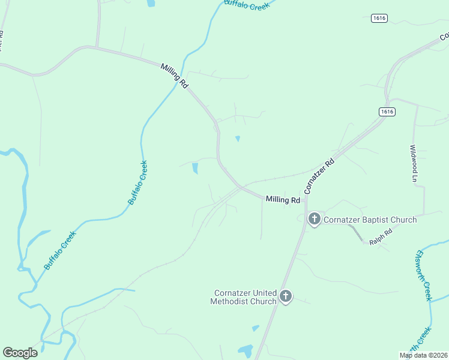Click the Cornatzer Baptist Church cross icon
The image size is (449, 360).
(314, 219)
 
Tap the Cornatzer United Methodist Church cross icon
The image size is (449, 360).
(286, 296)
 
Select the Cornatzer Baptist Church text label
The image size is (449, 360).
(370, 220)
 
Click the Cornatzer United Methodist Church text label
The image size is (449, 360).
(243, 297)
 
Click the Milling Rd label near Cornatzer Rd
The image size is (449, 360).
(283, 200)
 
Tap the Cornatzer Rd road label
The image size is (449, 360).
(319, 176)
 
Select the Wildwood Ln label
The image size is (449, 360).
(413, 163)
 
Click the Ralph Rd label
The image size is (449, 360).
(381, 237)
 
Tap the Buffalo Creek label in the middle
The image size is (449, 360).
(137, 182)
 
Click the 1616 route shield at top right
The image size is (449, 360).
(379, 18)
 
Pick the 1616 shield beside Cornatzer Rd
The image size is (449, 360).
(387, 112)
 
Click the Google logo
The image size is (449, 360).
(20, 353)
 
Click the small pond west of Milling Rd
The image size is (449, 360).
(195, 169)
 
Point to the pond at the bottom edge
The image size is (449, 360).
(246, 350)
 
